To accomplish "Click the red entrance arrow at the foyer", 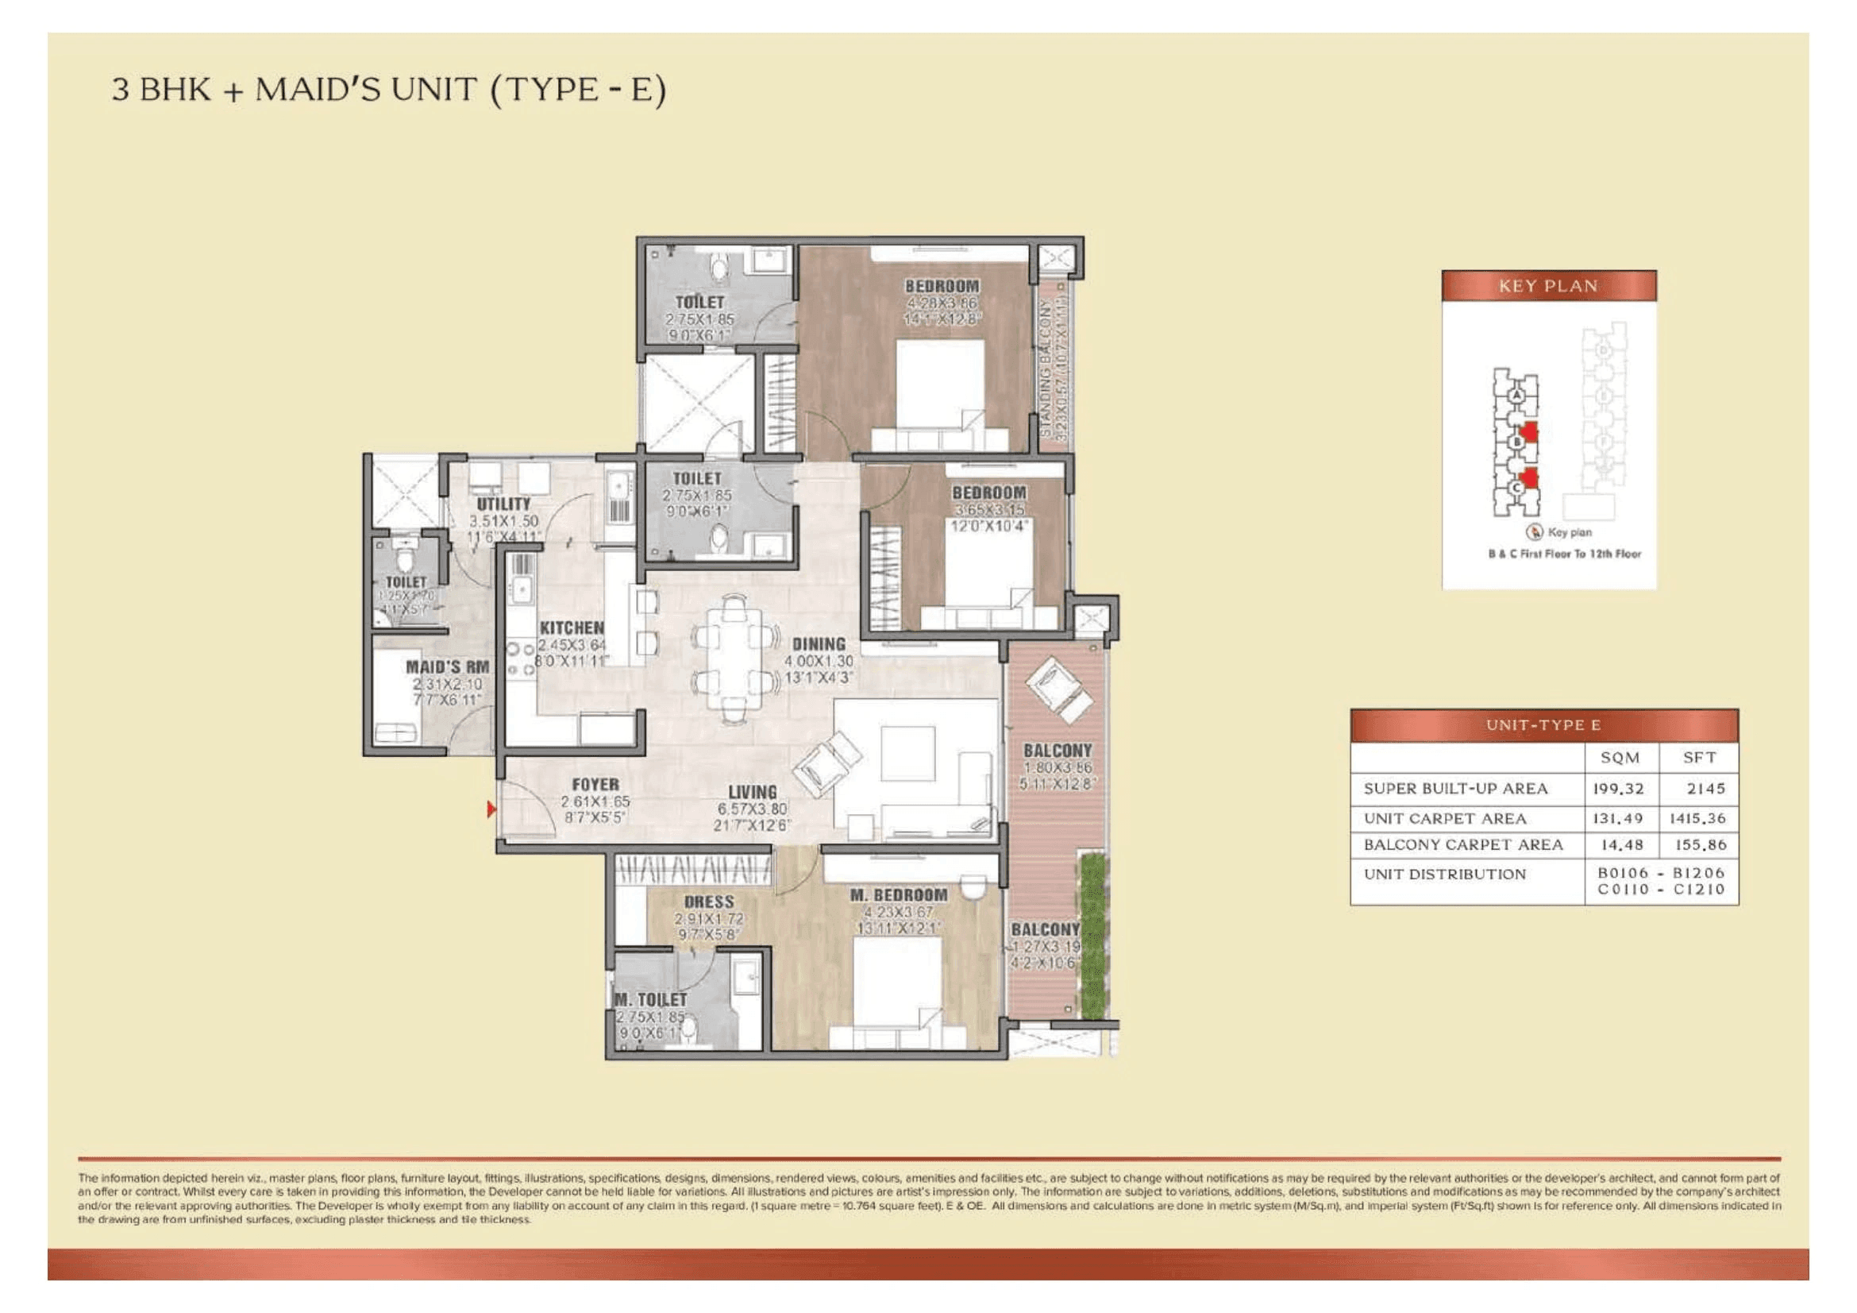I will [490, 808].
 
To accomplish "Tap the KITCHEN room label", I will [571, 628].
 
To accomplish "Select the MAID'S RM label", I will [446, 667].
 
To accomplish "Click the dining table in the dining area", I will [734, 658].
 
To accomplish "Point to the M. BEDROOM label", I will [898, 895].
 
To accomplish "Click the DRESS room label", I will [708, 902].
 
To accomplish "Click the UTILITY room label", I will [503, 504].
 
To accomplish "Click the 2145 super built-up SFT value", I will [1705, 789].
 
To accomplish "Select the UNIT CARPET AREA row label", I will [1444, 819].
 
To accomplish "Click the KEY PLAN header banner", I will [1548, 287].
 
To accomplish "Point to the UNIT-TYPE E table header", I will [1543, 726].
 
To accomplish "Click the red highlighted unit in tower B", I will [1528, 434].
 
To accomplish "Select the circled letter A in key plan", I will [1516, 396].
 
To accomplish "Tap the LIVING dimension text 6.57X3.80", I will [752, 809].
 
